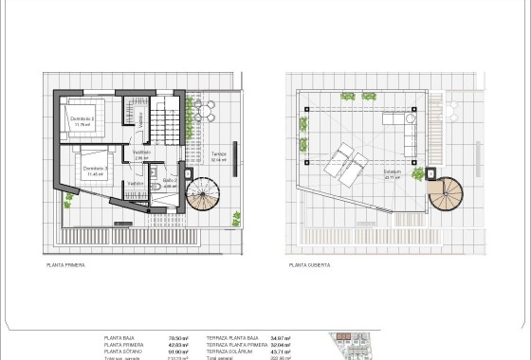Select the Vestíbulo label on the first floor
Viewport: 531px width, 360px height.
click(141, 152)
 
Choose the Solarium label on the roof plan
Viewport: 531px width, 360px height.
click(389, 172)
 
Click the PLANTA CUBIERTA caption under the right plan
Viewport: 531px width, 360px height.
click(312, 266)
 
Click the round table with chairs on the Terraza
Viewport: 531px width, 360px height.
click(204, 112)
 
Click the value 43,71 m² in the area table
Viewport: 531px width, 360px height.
click(281, 351)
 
